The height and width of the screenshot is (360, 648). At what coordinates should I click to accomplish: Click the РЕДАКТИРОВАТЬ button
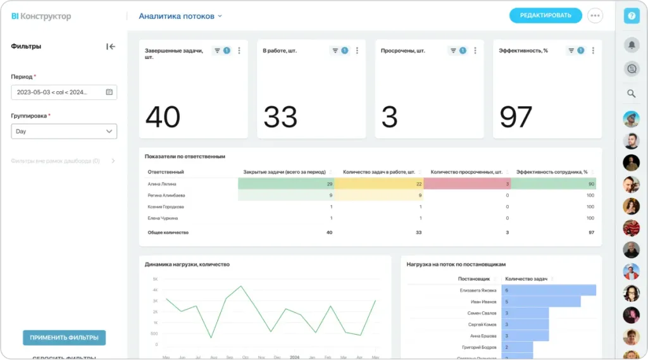(545, 15)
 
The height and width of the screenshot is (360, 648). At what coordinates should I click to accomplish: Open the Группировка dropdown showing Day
(64, 132)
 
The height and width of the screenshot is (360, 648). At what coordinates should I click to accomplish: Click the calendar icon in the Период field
(109, 92)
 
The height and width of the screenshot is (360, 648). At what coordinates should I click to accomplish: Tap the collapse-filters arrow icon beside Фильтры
(111, 46)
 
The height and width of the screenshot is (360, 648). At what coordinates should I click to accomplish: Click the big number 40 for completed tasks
(163, 117)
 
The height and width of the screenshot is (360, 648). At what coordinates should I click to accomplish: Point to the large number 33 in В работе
(280, 117)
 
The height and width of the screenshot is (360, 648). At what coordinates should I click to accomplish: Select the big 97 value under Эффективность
(516, 117)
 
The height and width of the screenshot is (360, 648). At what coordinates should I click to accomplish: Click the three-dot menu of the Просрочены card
(475, 51)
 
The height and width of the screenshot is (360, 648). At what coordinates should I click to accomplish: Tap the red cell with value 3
(467, 183)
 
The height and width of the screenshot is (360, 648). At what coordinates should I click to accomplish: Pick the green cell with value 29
(286, 183)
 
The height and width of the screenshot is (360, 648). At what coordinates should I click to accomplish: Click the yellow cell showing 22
(378, 183)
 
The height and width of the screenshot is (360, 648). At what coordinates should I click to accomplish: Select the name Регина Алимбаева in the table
(166, 196)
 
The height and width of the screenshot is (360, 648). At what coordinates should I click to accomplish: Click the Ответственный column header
(166, 171)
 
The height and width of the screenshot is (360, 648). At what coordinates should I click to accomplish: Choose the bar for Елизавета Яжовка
(549, 290)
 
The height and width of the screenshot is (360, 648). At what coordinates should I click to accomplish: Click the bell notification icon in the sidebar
(632, 45)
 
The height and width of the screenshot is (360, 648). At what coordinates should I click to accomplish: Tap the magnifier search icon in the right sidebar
(632, 94)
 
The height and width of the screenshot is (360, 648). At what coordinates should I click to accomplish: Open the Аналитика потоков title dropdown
(180, 16)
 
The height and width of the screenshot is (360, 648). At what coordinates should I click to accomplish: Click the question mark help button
(632, 16)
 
